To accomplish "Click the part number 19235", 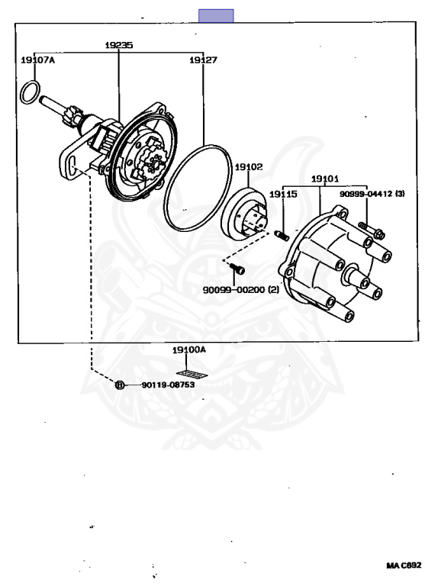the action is click(118, 45).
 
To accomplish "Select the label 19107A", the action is click(37, 60).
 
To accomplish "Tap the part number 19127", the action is click(203, 60).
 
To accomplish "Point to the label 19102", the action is click(249, 166).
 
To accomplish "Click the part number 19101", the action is click(325, 179).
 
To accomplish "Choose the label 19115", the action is click(283, 194).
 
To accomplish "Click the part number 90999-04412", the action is click(366, 194).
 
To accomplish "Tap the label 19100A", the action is click(189, 349).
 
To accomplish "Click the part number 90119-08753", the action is click(168, 385).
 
